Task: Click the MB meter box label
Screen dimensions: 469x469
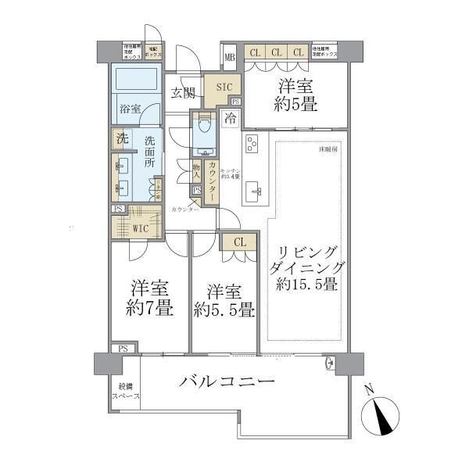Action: [230, 57]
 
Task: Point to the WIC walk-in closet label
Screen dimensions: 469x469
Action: [141, 229]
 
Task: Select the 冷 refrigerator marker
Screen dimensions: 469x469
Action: [231, 119]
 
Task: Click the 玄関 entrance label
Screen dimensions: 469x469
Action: [183, 93]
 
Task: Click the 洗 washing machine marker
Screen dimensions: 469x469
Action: [121, 138]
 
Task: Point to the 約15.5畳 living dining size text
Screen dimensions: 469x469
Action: [306, 285]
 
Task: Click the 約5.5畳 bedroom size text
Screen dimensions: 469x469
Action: [223, 310]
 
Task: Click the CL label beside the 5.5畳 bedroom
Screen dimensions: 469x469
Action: [239, 242]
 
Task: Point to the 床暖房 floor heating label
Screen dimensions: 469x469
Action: [327, 149]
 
